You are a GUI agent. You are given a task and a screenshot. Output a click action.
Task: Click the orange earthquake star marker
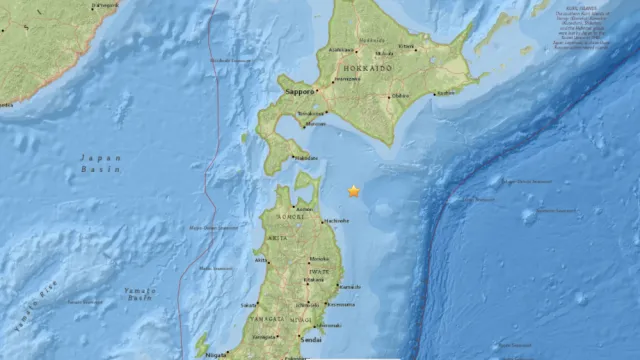[353, 190]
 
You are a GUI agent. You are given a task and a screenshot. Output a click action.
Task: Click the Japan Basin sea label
[101, 162]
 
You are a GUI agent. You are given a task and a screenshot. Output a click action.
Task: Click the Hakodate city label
[307, 157]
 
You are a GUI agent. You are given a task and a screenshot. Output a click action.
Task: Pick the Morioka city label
[312, 279]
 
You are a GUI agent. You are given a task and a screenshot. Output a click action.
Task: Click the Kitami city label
[407, 46]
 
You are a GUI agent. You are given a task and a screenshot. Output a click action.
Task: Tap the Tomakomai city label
[311, 113]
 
